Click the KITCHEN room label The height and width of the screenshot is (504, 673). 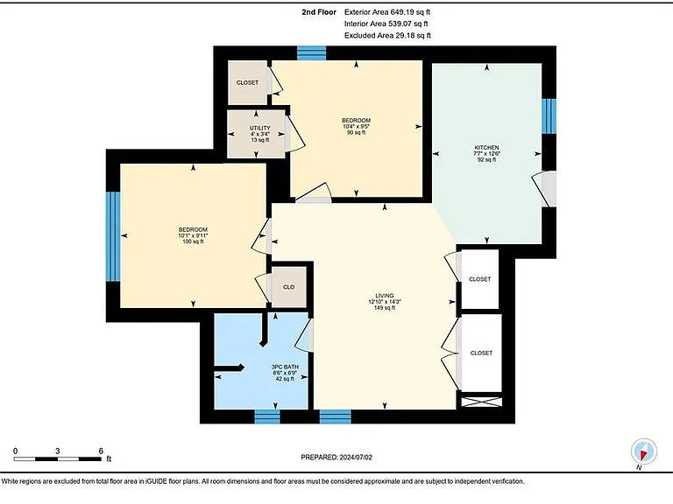pyautogui.click(x=486, y=147)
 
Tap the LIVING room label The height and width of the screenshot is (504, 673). pyautogui.click(x=385, y=296)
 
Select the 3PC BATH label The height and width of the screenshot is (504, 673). pyautogui.click(x=285, y=367)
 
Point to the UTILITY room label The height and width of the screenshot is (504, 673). pyautogui.click(x=260, y=128)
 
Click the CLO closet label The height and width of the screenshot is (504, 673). pyautogui.click(x=289, y=287)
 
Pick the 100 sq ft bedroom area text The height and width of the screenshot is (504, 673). pyautogui.click(x=193, y=241)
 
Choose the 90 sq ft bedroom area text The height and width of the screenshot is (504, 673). pyautogui.click(x=357, y=132)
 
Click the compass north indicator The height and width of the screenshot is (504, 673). pyautogui.click(x=644, y=451)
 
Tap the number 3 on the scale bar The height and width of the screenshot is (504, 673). pyautogui.click(x=58, y=451)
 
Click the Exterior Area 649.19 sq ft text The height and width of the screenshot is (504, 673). pyautogui.click(x=387, y=12)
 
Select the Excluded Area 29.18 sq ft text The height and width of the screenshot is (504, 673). pyautogui.click(x=387, y=36)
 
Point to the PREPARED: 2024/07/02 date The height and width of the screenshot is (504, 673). pyautogui.click(x=336, y=458)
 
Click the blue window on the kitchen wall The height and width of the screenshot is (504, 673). pyautogui.click(x=549, y=116)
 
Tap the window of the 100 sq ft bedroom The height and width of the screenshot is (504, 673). pyautogui.click(x=113, y=236)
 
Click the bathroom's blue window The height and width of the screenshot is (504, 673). pyautogui.click(x=267, y=416)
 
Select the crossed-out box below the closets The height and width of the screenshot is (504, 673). pyautogui.click(x=481, y=402)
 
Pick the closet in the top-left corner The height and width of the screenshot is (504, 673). pyautogui.click(x=248, y=83)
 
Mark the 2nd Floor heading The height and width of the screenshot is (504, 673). pyautogui.click(x=319, y=12)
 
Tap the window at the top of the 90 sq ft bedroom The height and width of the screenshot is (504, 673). pyautogui.click(x=312, y=53)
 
